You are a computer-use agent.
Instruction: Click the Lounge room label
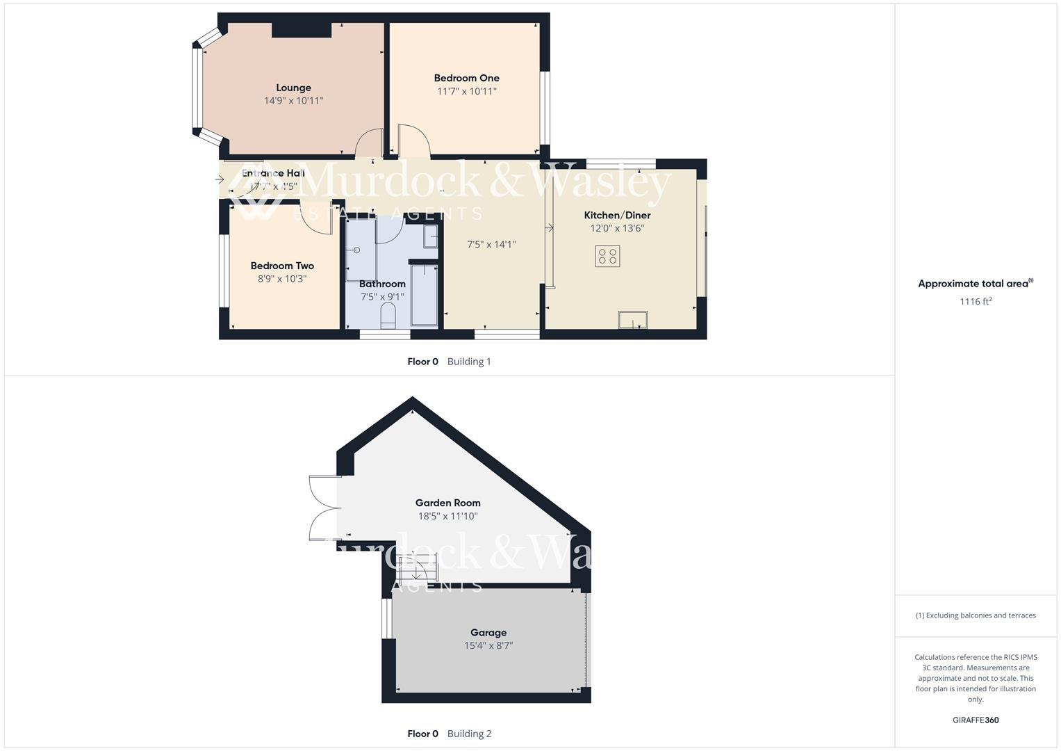pyautogui.click(x=293, y=88)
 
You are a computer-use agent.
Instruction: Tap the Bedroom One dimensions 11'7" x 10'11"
pyautogui.click(x=466, y=91)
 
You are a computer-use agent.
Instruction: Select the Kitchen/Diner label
pyautogui.click(x=617, y=216)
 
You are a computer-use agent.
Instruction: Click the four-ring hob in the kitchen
pyautogui.click(x=607, y=256)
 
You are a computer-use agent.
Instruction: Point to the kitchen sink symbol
pyautogui.click(x=632, y=320)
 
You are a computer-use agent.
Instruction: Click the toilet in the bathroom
pyautogui.click(x=388, y=316)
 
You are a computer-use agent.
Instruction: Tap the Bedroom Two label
pyautogui.click(x=282, y=266)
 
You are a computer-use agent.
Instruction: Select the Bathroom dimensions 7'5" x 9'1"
pyautogui.click(x=382, y=297)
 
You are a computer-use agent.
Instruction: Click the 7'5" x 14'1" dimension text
pyautogui.click(x=491, y=244)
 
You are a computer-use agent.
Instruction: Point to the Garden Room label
pyautogui.click(x=447, y=503)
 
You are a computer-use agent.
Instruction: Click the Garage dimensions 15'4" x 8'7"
pyautogui.click(x=488, y=645)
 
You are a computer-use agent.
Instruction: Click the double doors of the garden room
pyautogui.click(x=324, y=508)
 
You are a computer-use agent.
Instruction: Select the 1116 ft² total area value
pyautogui.click(x=976, y=301)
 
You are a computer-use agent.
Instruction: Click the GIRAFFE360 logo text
pyautogui.click(x=976, y=720)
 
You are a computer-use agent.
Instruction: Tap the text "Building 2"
pyautogui.click(x=469, y=734)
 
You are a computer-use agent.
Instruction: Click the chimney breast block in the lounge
pyautogui.click(x=301, y=29)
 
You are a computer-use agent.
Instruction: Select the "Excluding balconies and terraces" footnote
pyautogui.click(x=976, y=615)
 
